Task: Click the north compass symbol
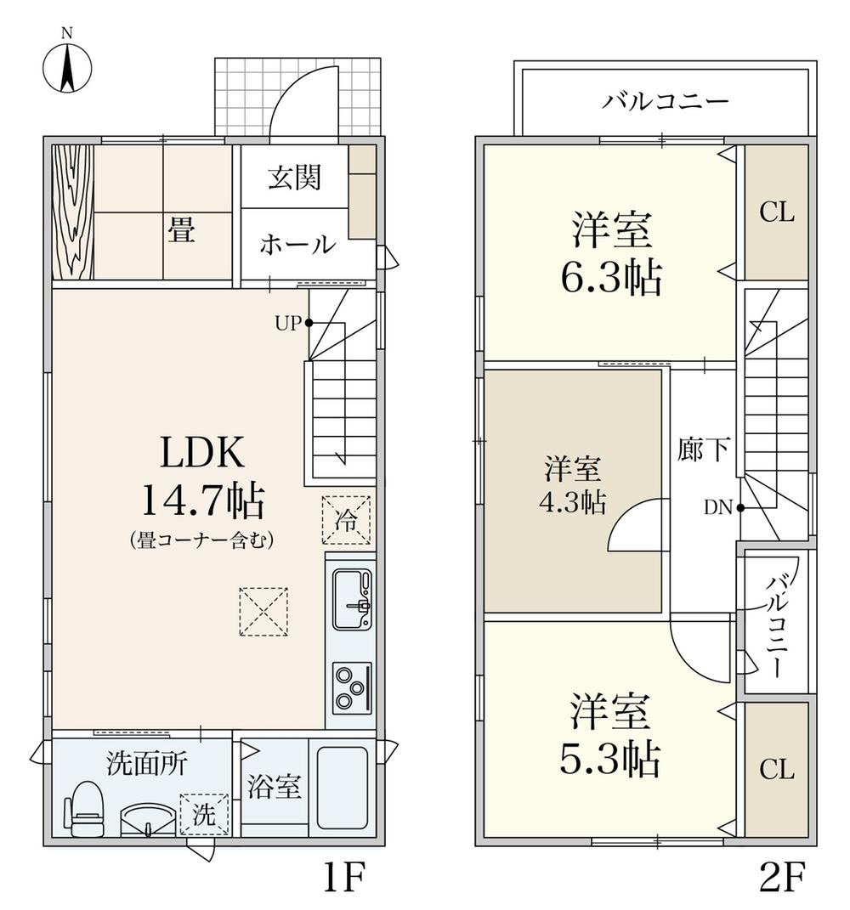(x=67, y=65)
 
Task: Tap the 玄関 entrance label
(x=294, y=177)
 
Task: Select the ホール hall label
(x=297, y=245)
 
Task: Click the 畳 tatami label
(x=181, y=229)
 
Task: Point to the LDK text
(x=202, y=452)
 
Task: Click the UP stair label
(x=288, y=323)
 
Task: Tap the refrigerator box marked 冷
(x=347, y=519)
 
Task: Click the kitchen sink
(x=352, y=599)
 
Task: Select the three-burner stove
(x=352, y=687)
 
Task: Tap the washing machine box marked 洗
(x=204, y=815)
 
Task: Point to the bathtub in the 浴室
(x=343, y=788)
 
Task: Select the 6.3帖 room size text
(x=611, y=279)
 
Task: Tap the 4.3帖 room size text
(x=572, y=502)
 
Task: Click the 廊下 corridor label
(x=703, y=449)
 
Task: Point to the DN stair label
(x=718, y=508)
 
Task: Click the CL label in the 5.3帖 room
(x=777, y=770)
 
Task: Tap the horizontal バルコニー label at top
(x=665, y=102)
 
